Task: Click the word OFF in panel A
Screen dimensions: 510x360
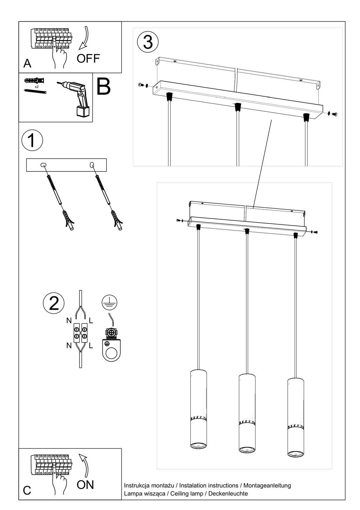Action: click(88, 58)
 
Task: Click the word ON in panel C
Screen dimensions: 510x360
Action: click(85, 484)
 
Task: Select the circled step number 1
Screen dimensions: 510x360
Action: click(32, 141)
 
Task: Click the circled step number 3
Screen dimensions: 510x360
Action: click(148, 42)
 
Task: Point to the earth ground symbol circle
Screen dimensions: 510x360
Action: click(109, 302)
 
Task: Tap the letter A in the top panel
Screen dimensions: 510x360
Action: click(27, 63)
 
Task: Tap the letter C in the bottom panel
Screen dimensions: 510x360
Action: click(27, 490)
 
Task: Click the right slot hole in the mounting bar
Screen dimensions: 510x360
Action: click(92, 164)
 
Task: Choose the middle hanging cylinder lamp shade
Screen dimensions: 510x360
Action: click(247, 413)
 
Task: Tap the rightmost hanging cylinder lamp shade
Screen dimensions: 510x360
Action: click(295, 418)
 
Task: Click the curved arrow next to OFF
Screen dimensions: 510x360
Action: click(84, 39)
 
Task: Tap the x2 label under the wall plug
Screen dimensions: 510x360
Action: click(37, 87)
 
